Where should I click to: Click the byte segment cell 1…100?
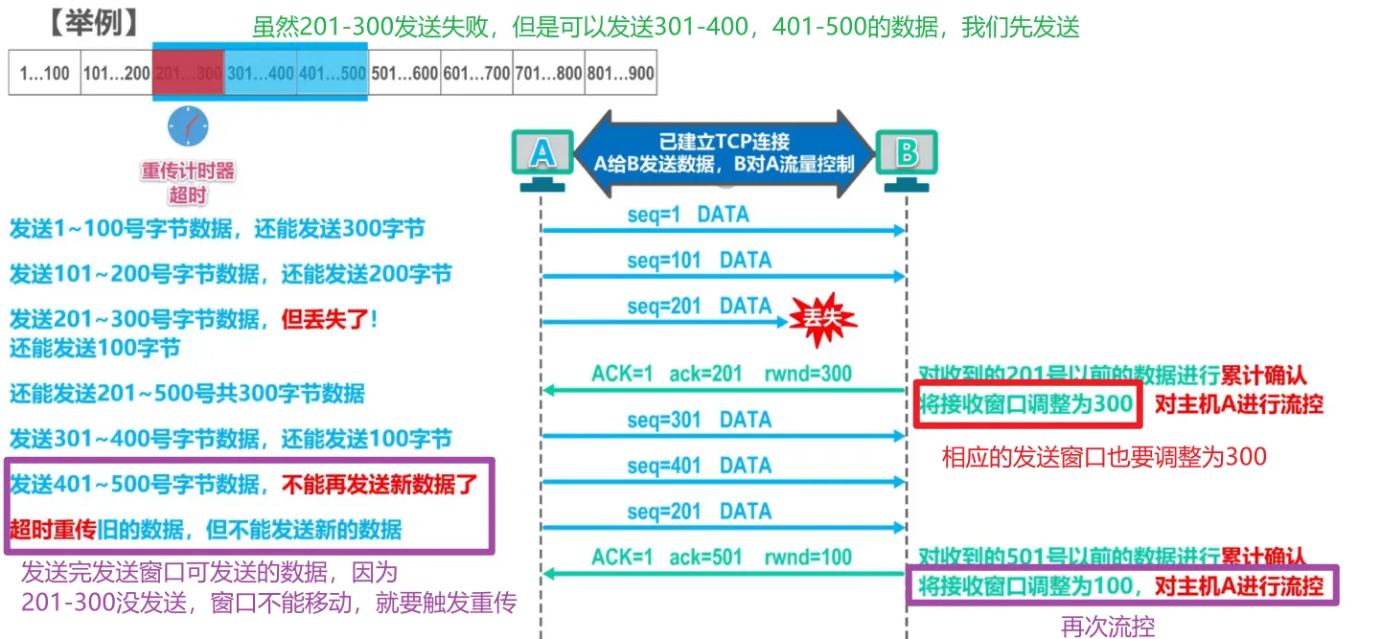click(45, 73)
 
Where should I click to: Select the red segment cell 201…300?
click(188, 73)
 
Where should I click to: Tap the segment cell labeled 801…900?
click(620, 73)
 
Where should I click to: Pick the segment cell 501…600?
click(404, 73)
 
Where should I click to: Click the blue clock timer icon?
click(188, 126)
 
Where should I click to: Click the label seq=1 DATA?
click(688, 215)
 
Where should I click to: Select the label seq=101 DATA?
click(700, 260)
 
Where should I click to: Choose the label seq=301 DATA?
click(700, 420)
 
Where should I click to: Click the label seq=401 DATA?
click(700, 466)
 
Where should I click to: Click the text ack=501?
click(705, 557)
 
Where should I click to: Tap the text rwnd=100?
click(808, 557)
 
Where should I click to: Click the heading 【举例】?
click(92, 21)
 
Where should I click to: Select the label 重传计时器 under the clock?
click(188, 172)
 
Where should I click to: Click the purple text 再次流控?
click(1108, 627)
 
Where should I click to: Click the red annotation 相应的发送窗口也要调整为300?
click(1104, 457)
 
